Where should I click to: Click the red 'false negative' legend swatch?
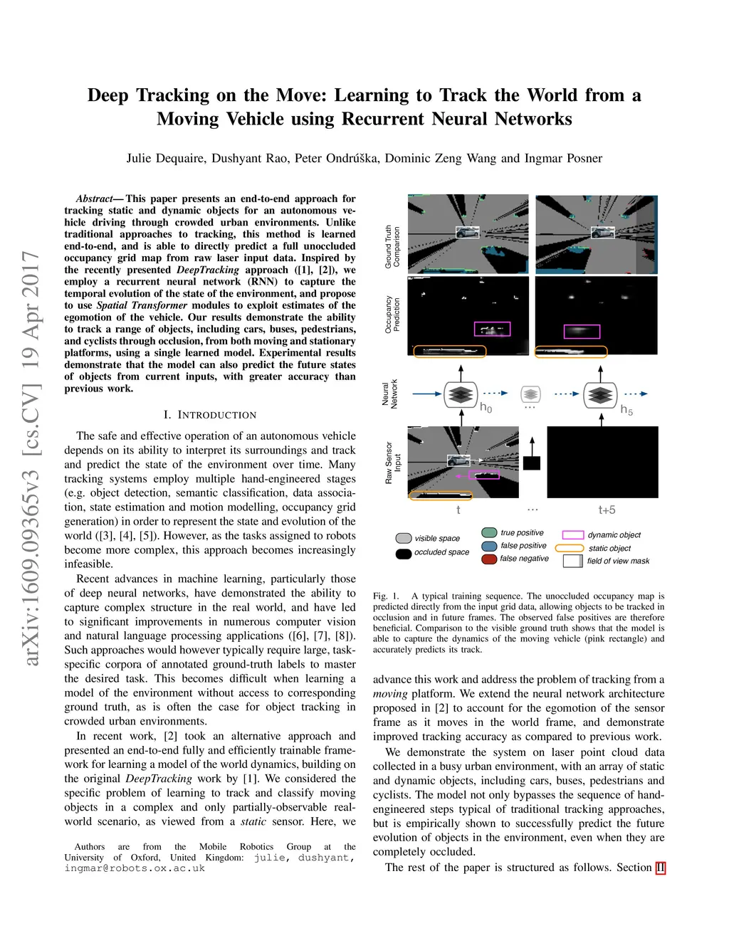coord(488,559)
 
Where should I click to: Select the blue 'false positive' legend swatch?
coord(488,546)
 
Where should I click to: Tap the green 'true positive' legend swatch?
coord(488,532)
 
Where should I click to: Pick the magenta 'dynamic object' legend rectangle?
coord(573,534)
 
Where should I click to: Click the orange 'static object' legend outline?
coord(569,548)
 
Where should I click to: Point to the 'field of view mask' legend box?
coord(572,561)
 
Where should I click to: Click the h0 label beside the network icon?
coord(486,407)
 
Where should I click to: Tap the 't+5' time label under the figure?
coord(607,510)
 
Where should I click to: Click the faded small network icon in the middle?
coord(530,394)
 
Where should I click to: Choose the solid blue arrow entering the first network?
coord(426,394)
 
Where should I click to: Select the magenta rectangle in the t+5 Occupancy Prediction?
coord(582,331)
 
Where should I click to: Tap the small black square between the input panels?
coord(531,463)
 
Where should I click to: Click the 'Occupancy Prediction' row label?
coord(392,315)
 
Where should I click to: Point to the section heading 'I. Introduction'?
coord(209,415)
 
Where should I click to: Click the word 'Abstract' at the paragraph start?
coord(95,199)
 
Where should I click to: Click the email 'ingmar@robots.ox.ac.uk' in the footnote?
coord(135,868)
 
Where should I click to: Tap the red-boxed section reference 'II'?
coord(661,868)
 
